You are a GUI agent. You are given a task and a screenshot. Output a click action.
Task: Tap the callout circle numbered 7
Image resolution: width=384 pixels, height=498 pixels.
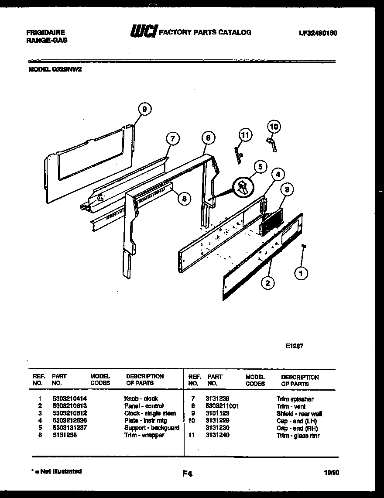tap(173, 139)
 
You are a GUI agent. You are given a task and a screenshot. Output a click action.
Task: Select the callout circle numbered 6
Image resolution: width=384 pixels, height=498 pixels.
tap(208, 138)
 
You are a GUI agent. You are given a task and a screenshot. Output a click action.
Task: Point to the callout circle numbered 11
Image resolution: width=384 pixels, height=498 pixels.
tap(245, 135)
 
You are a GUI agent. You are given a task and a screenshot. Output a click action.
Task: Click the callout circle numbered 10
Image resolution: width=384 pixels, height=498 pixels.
tap(274, 127)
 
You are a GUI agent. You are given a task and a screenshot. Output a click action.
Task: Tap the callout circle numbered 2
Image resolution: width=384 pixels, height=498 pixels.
tap(267, 283)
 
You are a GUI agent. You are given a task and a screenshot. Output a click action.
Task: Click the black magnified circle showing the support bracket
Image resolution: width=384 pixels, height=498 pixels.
tap(243, 189)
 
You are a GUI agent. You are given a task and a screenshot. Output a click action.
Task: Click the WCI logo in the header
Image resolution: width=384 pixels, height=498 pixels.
tap(144, 32)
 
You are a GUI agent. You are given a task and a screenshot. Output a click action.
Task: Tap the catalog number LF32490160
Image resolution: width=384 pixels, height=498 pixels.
tap(318, 33)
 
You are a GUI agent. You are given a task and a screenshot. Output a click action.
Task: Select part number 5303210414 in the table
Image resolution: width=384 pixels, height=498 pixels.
tap(69, 398)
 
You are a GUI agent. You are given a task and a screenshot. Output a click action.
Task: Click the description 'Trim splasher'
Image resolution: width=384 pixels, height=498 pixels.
tap(295, 399)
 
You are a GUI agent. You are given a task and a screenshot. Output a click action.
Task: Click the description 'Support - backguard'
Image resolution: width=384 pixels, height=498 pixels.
tap(151, 428)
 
